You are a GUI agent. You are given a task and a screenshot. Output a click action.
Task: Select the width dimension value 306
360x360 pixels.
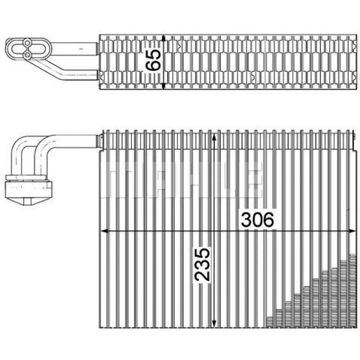(257, 220)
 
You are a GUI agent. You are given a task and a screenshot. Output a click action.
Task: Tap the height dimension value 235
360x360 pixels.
(202, 265)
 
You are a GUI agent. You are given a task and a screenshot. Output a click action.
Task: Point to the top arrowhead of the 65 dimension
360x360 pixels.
(163, 38)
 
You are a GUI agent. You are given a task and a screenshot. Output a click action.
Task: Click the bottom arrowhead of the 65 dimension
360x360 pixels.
(163, 86)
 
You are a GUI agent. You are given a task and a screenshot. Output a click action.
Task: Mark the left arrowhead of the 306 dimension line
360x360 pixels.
(104, 231)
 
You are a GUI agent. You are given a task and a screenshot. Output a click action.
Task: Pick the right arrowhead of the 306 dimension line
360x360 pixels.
(352, 231)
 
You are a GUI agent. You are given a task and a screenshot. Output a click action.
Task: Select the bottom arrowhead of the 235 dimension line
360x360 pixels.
(214, 324)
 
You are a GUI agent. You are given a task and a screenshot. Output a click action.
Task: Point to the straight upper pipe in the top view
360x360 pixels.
(74, 49)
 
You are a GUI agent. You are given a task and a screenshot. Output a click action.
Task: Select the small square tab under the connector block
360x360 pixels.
(28, 201)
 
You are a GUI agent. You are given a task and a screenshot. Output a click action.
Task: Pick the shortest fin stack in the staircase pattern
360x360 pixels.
(270, 322)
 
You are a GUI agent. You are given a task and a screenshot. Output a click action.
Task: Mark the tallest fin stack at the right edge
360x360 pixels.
(353, 291)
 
